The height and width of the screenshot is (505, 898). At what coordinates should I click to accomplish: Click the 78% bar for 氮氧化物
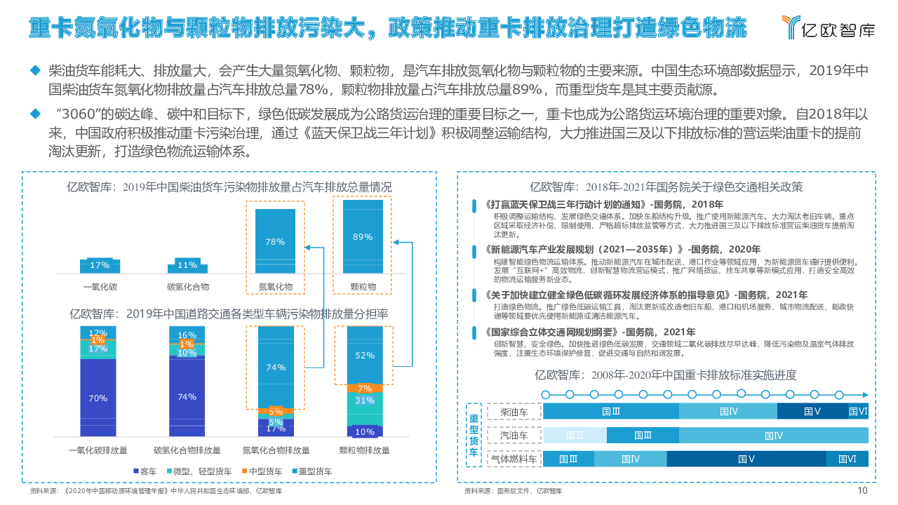[x=275, y=241]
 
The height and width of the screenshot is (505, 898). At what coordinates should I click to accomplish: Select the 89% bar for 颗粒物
[x=363, y=236]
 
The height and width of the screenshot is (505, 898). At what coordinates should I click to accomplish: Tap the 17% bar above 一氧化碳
[x=100, y=265]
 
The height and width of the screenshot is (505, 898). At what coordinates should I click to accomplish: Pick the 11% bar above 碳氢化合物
[x=187, y=266]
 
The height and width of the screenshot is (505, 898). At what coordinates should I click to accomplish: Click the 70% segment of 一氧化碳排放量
[x=98, y=398]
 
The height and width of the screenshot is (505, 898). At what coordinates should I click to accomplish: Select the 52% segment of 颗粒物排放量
[x=365, y=355]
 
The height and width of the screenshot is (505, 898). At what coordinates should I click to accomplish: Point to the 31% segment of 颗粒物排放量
[x=365, y=400]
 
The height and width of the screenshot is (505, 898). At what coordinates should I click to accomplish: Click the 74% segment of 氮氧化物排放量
[x=276, y=367]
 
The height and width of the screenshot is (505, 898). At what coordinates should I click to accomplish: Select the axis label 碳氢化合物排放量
[x=187, y=450]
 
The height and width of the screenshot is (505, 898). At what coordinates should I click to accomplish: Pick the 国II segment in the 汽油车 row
[x=575, y=436]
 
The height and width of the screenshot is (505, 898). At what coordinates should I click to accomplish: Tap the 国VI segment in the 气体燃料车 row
[x=847, y=459]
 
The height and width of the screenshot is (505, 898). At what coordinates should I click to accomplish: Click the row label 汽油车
[x=514, y=436]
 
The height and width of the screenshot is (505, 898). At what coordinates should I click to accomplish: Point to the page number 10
[x=862, y=491]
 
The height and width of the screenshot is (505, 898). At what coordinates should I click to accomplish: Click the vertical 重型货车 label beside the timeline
[x=474, y=435]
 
